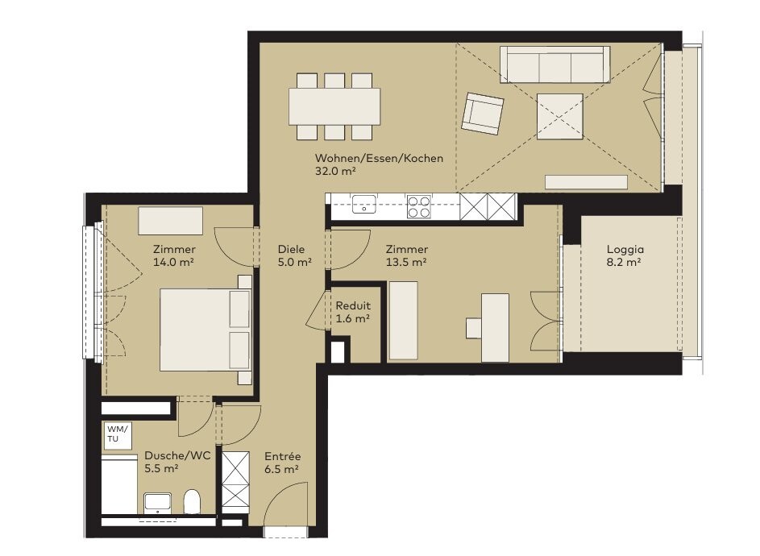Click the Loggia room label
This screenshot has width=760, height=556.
[625, 249]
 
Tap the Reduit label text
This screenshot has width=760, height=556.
[353, 306]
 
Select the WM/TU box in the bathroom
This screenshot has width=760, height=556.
[117, 434]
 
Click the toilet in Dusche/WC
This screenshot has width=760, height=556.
[192, 501]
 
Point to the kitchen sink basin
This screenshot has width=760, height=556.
[364, 204]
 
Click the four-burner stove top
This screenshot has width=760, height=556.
[419, 207]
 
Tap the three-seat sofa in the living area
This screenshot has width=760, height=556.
[555, 64]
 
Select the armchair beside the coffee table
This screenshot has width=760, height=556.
[482, 114]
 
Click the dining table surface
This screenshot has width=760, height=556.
[334, 106]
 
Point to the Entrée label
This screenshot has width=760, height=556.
[283, 456]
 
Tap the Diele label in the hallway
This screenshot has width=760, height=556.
[291, 249]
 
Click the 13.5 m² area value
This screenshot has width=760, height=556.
[406, 262]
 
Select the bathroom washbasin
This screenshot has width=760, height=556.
[157, 504]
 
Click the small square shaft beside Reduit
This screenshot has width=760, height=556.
[338, 351]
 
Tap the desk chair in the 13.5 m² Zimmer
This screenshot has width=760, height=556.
[474, 328]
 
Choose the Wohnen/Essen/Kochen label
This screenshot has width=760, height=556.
[379, 158]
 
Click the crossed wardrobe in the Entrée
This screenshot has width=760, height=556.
[235, 480]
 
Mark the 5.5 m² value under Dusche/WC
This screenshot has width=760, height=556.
[161, 469]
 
